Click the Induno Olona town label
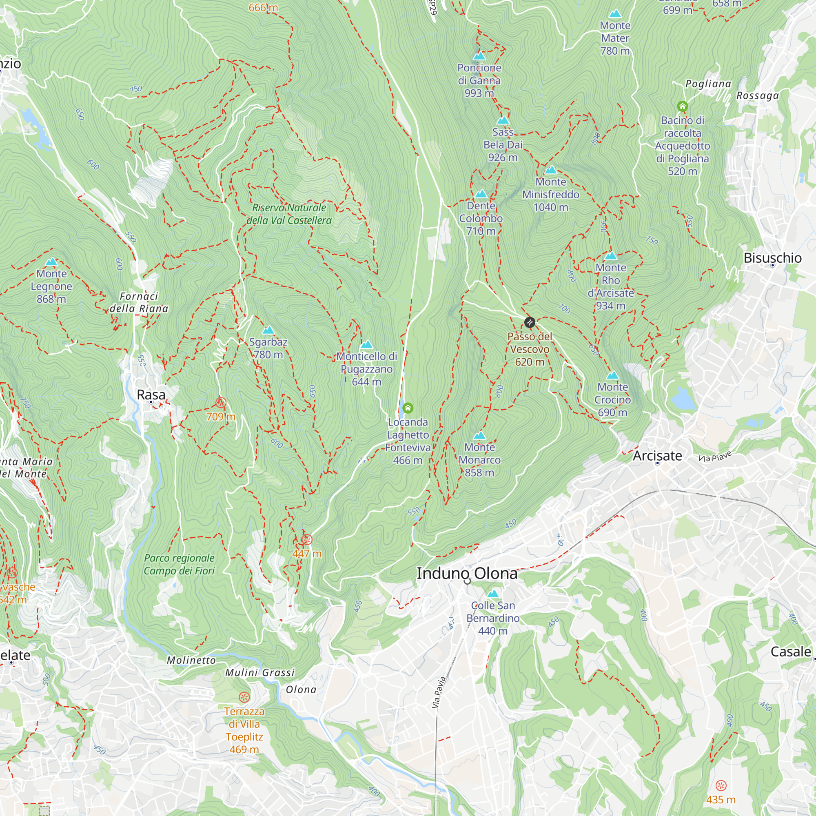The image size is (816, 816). pos(467,574)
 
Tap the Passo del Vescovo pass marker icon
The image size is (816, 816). pos(530,323)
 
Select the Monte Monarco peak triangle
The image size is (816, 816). pos(479,435)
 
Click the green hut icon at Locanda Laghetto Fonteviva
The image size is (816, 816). pos(408,408)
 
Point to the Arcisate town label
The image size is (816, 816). pos(657,456)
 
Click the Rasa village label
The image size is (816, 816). pos(151,395)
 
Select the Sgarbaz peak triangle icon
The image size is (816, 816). pos(268,330)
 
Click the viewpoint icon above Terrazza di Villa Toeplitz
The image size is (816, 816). pos(244,697)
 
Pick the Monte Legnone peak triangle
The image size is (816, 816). pos(51,262)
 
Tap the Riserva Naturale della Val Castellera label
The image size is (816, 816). pos(289,214)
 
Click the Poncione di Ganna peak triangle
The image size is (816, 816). pos(479,56)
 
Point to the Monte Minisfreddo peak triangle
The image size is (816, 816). pos(550,170)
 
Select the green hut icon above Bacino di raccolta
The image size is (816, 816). pos(683,106)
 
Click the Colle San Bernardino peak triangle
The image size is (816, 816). pos(493,594)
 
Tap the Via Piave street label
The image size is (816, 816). pos(715,457)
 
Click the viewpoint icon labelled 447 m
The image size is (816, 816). pos(307,539)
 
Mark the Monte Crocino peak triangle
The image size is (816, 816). pos(612,375)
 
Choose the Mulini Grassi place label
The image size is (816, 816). pos(260,673)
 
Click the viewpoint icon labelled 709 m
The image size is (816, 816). pos(220,402)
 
